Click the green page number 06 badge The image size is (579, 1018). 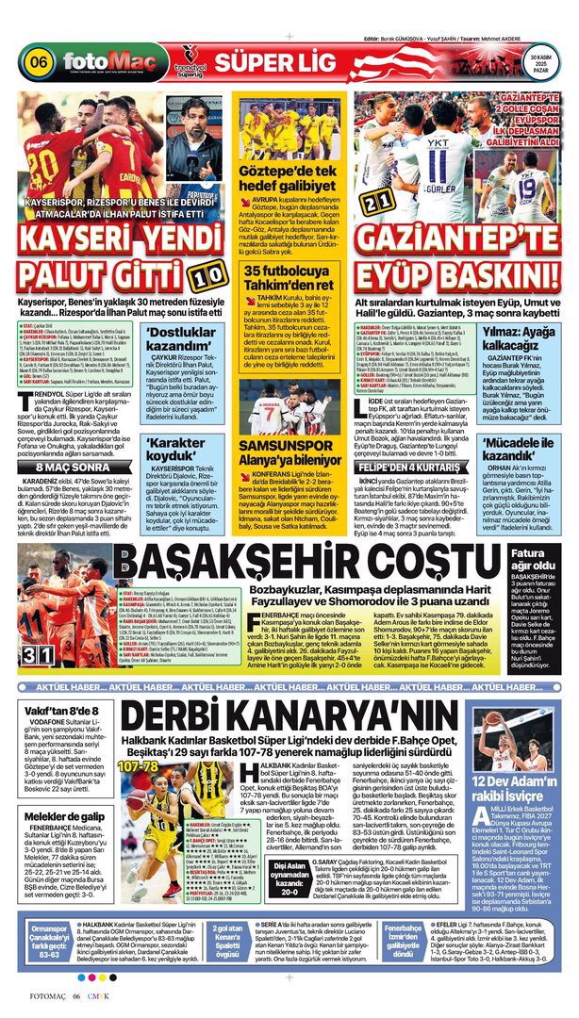(x=39, y=61)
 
